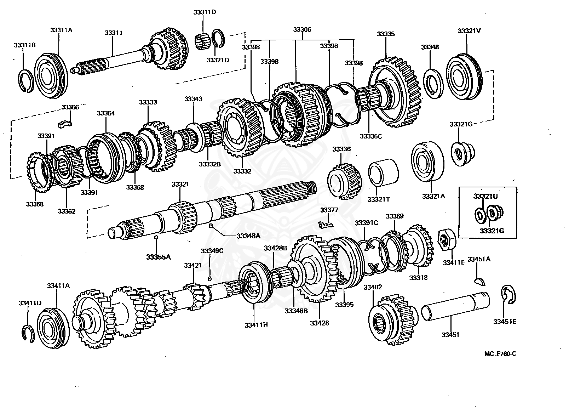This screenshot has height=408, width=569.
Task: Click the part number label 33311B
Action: (24, 45)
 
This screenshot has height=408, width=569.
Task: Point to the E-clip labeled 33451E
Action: (509, 294)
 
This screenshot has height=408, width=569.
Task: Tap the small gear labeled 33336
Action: (345, 180)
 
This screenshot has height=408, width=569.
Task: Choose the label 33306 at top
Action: (302, 30)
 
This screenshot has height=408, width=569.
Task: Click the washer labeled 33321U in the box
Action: (480, 214)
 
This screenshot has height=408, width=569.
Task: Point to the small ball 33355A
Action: (156, 238)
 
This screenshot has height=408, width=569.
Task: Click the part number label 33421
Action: (192, 265)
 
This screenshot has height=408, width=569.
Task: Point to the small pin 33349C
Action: (209, 278)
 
